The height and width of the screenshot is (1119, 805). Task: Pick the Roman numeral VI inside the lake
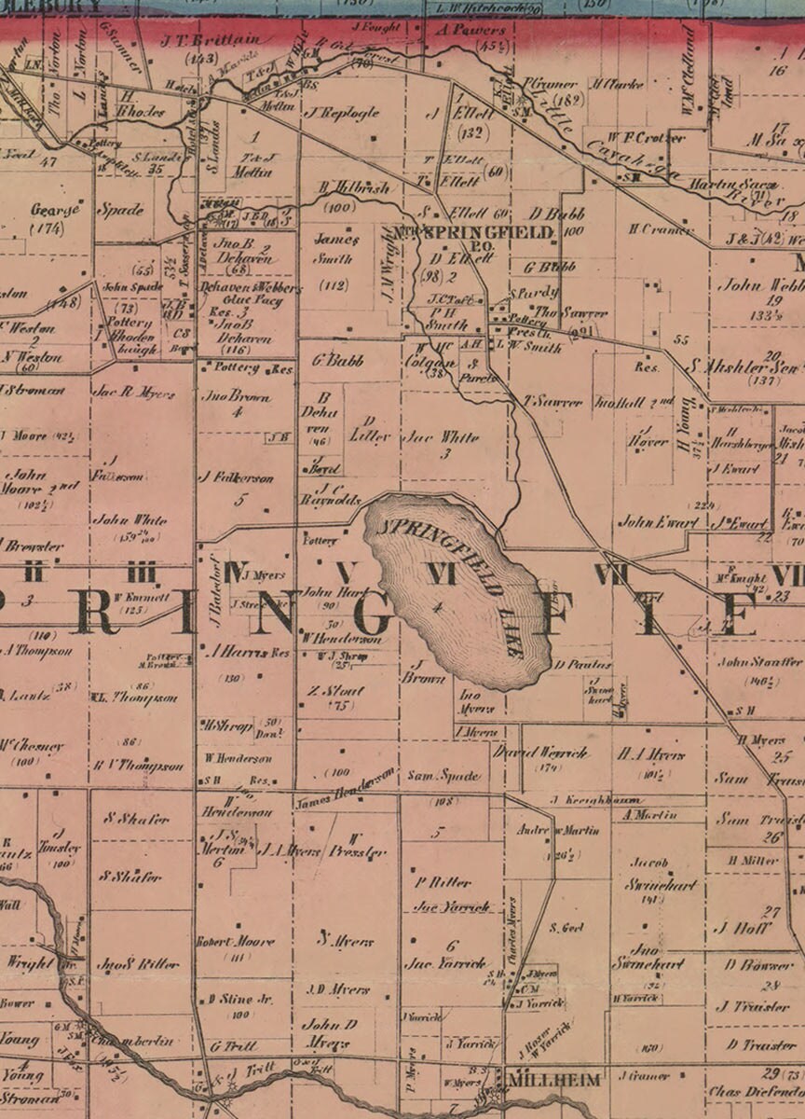click(x=441, y=573)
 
